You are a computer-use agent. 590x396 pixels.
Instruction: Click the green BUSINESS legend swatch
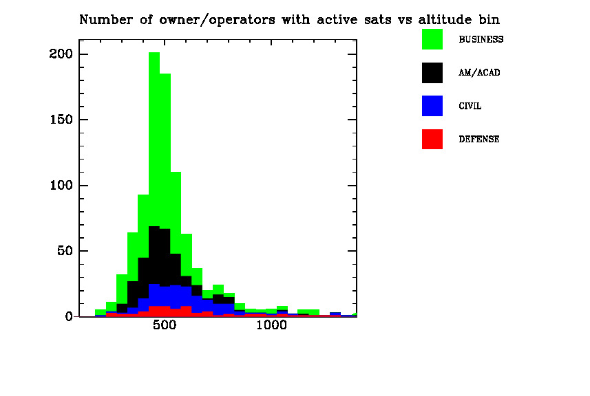(432, 39)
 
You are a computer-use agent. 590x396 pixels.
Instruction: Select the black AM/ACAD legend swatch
(432, 72)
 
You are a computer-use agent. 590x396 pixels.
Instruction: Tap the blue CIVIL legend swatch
(432, 106)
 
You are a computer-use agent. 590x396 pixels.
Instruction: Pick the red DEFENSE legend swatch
(432, 139)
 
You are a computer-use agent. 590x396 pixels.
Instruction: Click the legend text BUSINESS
(481, 40)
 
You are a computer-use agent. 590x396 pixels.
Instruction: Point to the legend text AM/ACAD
(479, 73)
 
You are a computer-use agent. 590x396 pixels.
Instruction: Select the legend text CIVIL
(470, 107)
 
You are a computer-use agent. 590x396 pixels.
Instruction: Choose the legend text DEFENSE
(479, 140)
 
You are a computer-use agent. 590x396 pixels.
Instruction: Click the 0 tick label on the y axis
(69, 316)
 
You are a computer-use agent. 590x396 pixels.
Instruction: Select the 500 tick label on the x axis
(165, 326)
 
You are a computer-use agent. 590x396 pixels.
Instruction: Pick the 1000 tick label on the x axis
(271, 326)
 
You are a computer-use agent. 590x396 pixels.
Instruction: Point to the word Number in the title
(102, 20)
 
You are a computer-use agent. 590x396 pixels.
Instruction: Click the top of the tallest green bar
(154, 53)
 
